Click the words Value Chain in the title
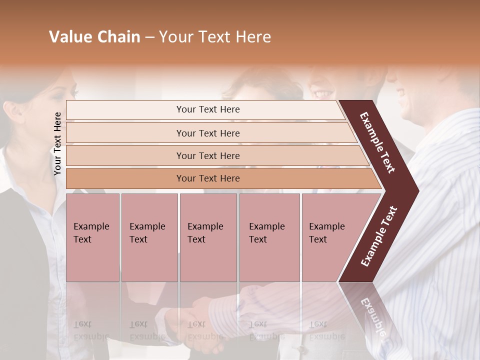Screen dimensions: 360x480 (x=94, y=37)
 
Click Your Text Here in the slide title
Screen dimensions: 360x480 (x=215, y=37)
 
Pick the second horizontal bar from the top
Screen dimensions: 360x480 (x=207, y=133)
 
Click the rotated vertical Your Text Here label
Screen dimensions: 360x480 (x=57, y=143)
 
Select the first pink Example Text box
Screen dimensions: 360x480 (x=92, y=237)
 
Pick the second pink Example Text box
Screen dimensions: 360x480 (x=149, y=237)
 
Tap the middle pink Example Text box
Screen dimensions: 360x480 (x=208, y=237)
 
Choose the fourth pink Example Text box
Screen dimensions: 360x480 (x=269, y=237)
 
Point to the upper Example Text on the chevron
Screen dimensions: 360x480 (x=377, y=142)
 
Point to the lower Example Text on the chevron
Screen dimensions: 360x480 (x=379, y=236)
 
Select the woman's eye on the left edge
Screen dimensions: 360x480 (x=73, y=93)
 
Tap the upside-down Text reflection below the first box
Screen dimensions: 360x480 (x=82, y=324)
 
